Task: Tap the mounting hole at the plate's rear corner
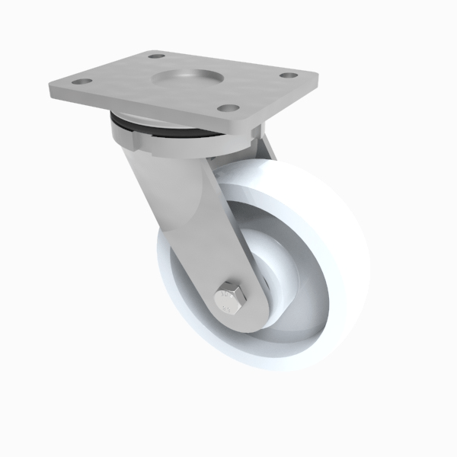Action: tap(155, 56)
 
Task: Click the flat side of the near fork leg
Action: tap(183, 221)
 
